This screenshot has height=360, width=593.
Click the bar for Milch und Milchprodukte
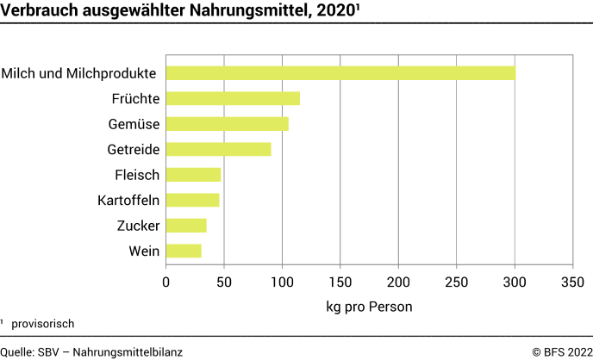(x=340, y=73)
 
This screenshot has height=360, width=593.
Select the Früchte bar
(x=233, y=98)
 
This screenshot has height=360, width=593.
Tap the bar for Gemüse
(x=227, y=124)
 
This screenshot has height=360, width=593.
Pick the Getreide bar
(x=218, y=149)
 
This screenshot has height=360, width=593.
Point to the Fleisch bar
(x=193, y=175)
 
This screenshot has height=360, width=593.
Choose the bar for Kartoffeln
(x=192, y=200)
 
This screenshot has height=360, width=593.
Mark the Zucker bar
(x=186, y=226)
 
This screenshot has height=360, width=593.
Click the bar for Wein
(x=184, y=251)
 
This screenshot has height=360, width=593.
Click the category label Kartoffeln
(x=128, y=201)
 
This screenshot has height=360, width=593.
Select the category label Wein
(x=142, y=251)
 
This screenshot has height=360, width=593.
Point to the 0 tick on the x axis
(x=166, y=282)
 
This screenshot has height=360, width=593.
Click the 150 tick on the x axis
(x=340, y=282)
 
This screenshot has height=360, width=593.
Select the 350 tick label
(x=572, y=282)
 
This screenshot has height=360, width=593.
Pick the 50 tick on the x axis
(x=224, y=282)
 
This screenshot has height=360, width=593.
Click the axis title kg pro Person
(x=369, y=306)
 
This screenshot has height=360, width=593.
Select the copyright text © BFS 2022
(x=560, y=351)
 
